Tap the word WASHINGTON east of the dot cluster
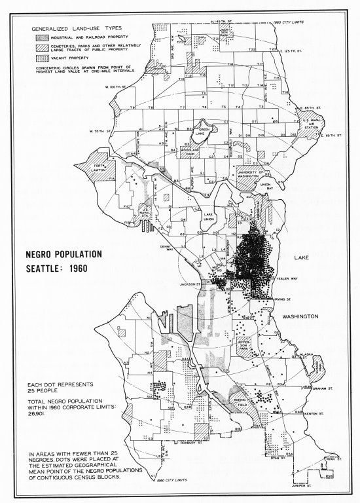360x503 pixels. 300,317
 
